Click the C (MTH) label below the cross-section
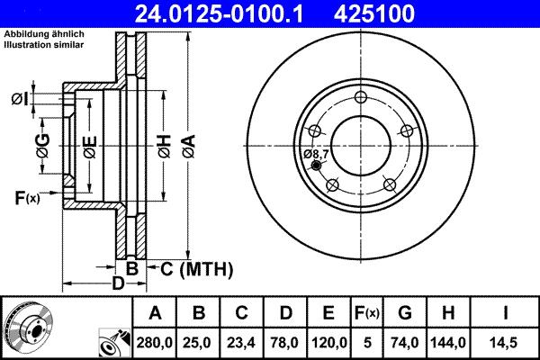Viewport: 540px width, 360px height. pyautogui.click(x=196, y=268)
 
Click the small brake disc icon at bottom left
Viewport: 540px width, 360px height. pyautogui.click(x=27, y=327)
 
